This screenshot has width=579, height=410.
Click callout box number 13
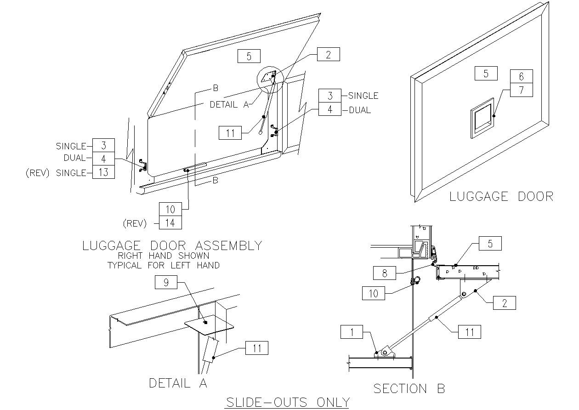103,172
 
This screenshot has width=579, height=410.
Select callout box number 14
170,223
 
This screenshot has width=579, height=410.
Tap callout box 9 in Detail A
166,282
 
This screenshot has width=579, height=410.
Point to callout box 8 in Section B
385,273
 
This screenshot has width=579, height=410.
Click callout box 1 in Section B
352,332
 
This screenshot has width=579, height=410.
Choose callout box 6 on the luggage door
521,77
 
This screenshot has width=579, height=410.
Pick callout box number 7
521,90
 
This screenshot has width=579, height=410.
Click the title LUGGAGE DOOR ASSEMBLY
172,245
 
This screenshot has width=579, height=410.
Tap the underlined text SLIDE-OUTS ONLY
287,402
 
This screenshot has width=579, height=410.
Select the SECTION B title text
409,389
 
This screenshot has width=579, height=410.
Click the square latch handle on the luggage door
482,118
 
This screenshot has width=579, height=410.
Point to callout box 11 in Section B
470,331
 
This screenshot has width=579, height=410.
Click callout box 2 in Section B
505,302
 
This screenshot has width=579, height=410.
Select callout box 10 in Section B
374,293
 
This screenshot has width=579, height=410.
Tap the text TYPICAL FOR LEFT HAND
163,265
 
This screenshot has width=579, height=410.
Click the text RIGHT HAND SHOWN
163,256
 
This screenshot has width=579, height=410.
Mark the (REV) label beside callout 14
135,224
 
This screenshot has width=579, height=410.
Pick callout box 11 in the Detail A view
257,348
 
